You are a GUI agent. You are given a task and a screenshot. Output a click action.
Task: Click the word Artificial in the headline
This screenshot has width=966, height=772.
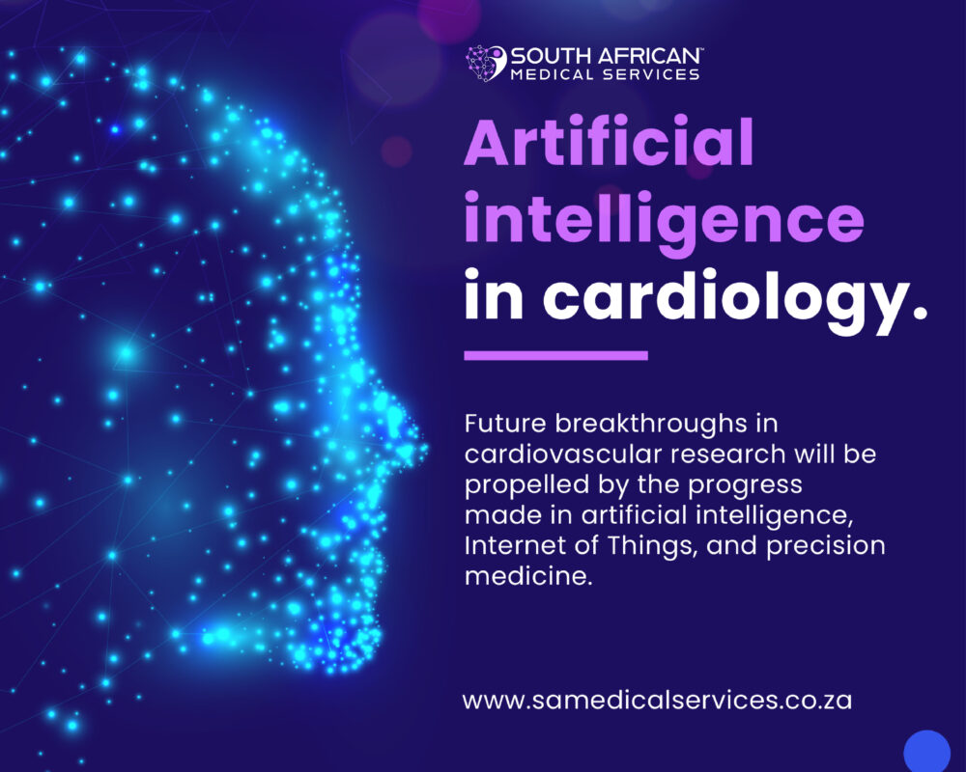pyautogui.click(x=609, y=147)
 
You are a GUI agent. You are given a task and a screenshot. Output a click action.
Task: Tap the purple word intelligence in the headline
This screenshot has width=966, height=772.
pyautogui.click(x=664, y=221)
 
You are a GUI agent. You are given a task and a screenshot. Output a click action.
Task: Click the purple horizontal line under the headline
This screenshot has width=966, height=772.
pyautogui.click(x=555, y=355)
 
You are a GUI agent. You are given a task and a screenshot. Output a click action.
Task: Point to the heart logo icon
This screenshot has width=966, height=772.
pyautogui.click(x=486, y=63)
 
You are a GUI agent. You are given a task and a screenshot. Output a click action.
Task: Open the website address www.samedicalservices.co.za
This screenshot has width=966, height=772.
pyautogui.click(x=657, y=700)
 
